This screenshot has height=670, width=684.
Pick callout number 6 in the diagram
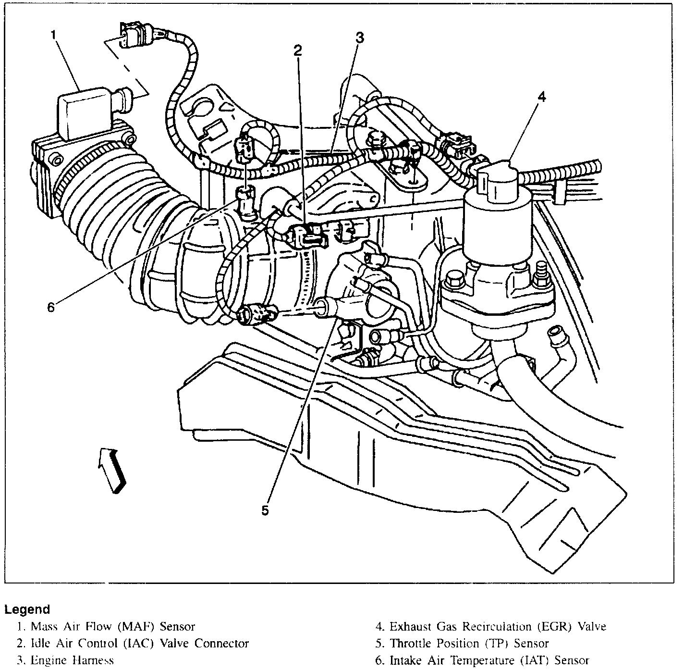point(51,307)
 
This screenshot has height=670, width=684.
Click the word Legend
point(27,610)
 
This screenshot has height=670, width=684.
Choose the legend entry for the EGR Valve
point(491,627)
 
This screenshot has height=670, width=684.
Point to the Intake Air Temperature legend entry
point(482,660)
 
